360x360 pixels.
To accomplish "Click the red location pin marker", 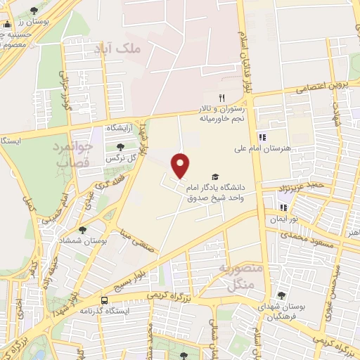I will coord(181,166).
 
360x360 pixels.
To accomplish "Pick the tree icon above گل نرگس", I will coord(120,147).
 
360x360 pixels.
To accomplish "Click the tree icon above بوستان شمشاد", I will coord(83,230).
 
